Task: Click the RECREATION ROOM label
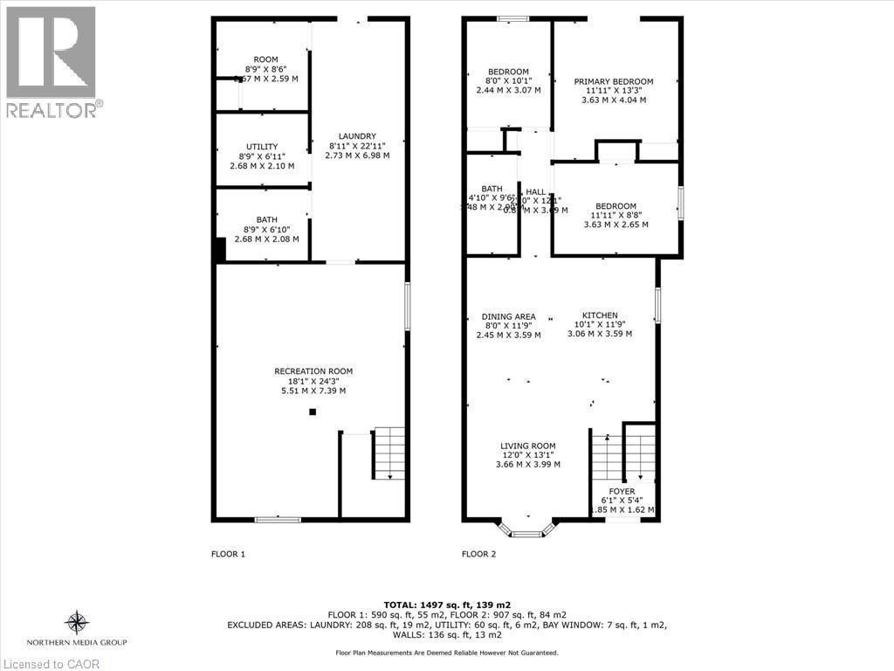pyautogui.click(x=313, y=371)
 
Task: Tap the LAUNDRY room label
pyautogui.click(x=357, y=136)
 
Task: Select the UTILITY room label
pyautogui.click(x=262, y=147)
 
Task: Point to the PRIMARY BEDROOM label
pyautogui.click(x=613, y=82)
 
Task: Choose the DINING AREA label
pyautogui.click(x=508, y=316)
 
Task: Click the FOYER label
pyautogui.click(x=622, y=492)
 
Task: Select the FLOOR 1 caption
pyautogui.click(x=229, y=553)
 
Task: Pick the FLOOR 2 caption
pyautogui.click(x=479, y=553)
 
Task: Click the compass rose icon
pyautogui.click(x=78, y=623)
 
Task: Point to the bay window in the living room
pyautogui.click(x=526, y=529)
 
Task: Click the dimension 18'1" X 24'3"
pyautogui.click(x=313, y=381)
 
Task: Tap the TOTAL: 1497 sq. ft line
pyautogui.click(x=446, y=605)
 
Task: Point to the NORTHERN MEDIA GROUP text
pyautogui.click(x=78, y=642)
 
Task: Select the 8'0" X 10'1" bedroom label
pyautogui.click(x=508, y=81)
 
